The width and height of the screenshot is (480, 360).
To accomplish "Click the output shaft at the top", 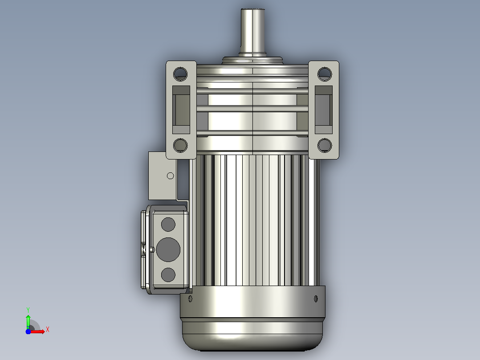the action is click(x=252, y=32).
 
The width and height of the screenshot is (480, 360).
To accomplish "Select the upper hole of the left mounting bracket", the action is click(x=180, y=74).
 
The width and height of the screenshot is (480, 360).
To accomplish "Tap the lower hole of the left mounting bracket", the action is click(x=180, y=145).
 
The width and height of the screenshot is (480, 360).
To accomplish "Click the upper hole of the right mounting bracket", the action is click(x=325, y=74).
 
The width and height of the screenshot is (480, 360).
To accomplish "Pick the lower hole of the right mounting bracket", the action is click(x=325, y=145).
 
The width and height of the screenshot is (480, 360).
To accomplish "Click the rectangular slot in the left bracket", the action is click(x=181, y=110).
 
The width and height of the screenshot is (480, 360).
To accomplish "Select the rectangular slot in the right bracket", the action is click(x=324, y=110).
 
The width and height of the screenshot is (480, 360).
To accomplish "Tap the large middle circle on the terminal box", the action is click(x=168, y=250).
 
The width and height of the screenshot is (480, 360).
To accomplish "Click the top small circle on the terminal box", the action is click(x=168, y=224).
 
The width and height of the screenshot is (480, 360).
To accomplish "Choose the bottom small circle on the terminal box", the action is click(x=168, y=275).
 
